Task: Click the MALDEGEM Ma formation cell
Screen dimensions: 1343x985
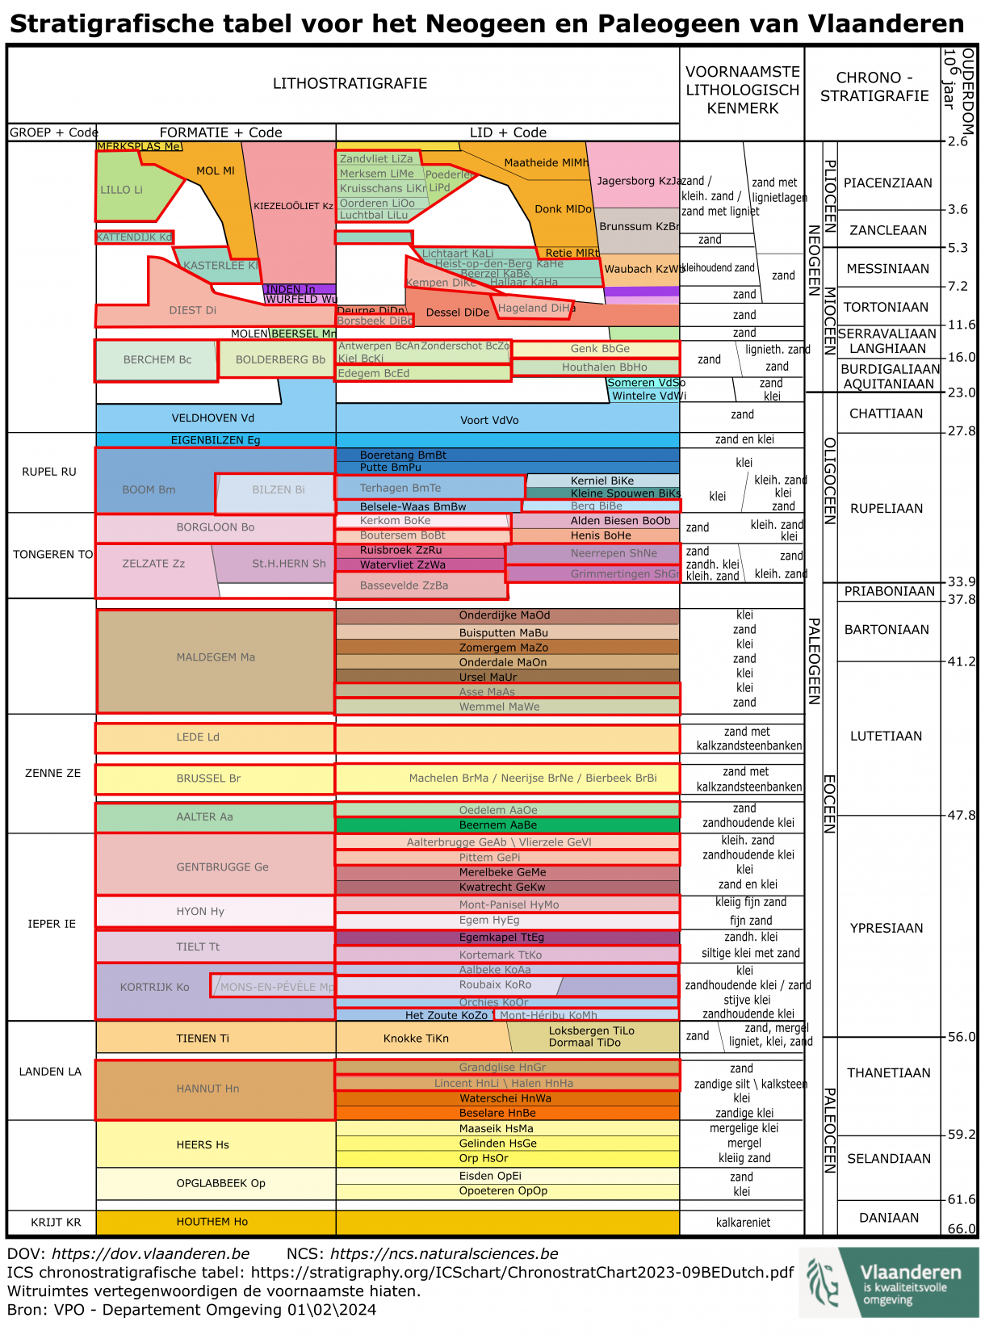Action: coord(216,658)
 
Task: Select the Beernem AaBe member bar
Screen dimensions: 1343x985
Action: coord(498,825)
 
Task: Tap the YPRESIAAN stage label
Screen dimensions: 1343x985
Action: coord(886,929)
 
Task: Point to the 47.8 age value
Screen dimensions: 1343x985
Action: coord(962,816)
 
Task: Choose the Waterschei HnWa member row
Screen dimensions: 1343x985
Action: coord(505,1098)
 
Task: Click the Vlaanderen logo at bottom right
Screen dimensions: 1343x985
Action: coord(888,1282)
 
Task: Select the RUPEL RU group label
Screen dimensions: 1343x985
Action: coord(49,472)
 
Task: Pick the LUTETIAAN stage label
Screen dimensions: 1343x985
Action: coord(886,737)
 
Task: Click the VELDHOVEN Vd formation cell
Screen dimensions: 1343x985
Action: coord(212,418)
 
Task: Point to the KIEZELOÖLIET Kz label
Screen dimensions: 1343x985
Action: coord(293,207)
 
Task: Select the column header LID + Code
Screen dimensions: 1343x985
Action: coord(508,132)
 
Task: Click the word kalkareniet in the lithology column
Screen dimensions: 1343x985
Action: coord(743,1223)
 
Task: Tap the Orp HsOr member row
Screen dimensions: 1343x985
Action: coord(484,1158)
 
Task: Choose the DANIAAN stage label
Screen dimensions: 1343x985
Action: coord(888,1218)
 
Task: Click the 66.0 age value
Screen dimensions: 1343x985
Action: coord(962,1229)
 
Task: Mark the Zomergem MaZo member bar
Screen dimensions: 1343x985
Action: coord(504,648)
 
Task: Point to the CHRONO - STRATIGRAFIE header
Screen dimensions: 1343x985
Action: coord(874,87)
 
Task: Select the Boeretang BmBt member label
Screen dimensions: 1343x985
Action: coord(403,455)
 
